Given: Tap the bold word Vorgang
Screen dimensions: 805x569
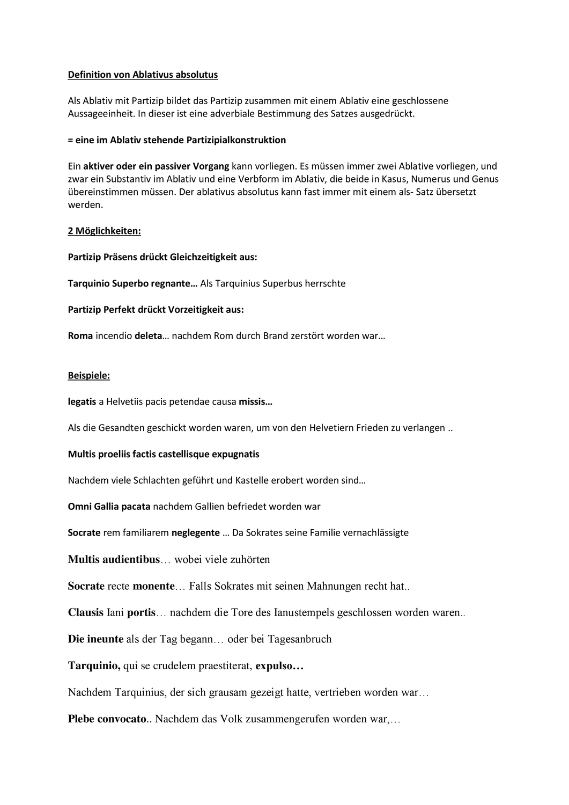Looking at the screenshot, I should point(212,166).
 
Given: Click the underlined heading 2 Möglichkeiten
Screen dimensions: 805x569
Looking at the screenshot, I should point(104,231).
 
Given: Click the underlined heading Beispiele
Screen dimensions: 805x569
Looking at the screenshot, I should point(88,376).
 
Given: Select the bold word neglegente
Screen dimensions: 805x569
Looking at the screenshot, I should point(195,532).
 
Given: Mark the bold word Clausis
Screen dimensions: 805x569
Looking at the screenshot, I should point(86,612).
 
